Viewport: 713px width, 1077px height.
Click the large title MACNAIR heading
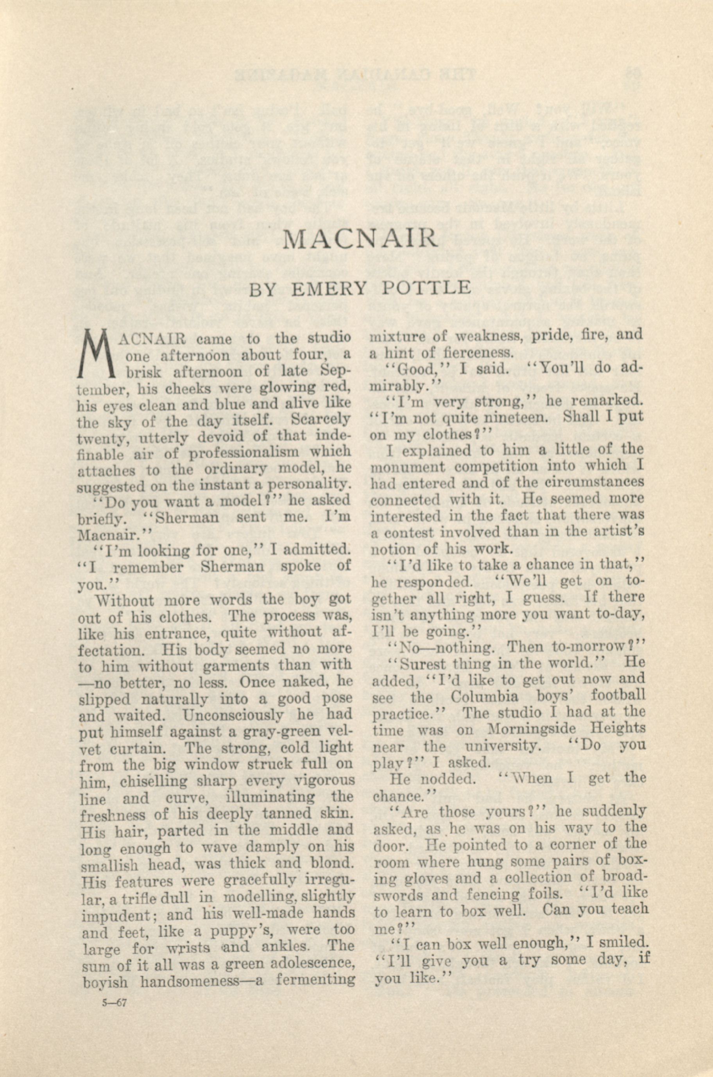(359, 239)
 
